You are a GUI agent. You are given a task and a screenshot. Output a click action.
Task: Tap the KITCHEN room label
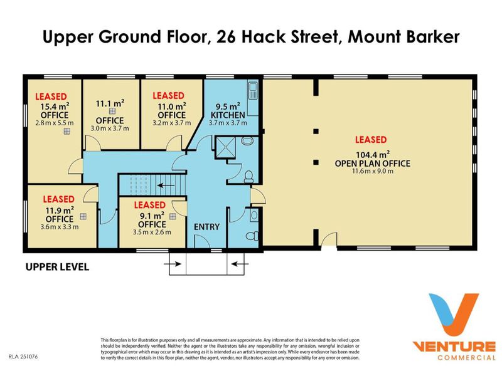(228, 115)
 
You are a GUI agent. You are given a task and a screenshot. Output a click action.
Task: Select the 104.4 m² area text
(373, 155)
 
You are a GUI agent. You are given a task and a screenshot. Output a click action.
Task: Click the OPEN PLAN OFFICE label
(373, 164)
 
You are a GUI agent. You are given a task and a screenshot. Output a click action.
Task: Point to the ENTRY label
(207, 227)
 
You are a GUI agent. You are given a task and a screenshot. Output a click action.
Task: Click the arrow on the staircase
(166, 185)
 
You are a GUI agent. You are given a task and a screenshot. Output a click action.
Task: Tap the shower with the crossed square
(226, 147)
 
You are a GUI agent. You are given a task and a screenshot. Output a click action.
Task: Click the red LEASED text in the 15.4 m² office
(51, 97)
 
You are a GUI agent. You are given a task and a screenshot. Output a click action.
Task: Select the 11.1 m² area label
(110, 103)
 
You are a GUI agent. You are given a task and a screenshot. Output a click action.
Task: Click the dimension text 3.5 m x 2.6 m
(152, 232)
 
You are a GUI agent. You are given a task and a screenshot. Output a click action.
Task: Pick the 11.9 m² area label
(60, 211)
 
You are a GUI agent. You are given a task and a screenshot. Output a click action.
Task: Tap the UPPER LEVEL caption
(57, 267)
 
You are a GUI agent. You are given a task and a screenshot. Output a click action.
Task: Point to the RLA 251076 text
(23, 356)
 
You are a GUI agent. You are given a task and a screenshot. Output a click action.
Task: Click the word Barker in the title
(433, 36)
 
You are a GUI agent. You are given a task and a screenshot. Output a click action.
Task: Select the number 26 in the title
(227, 36)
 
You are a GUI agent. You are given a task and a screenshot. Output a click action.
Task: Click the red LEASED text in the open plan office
(371, 140)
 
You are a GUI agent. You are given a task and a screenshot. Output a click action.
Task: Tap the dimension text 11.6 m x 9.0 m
(373, 171)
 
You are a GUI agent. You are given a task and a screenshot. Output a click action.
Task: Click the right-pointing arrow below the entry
(173, 264)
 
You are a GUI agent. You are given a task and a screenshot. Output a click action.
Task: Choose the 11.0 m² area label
(172, 107)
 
